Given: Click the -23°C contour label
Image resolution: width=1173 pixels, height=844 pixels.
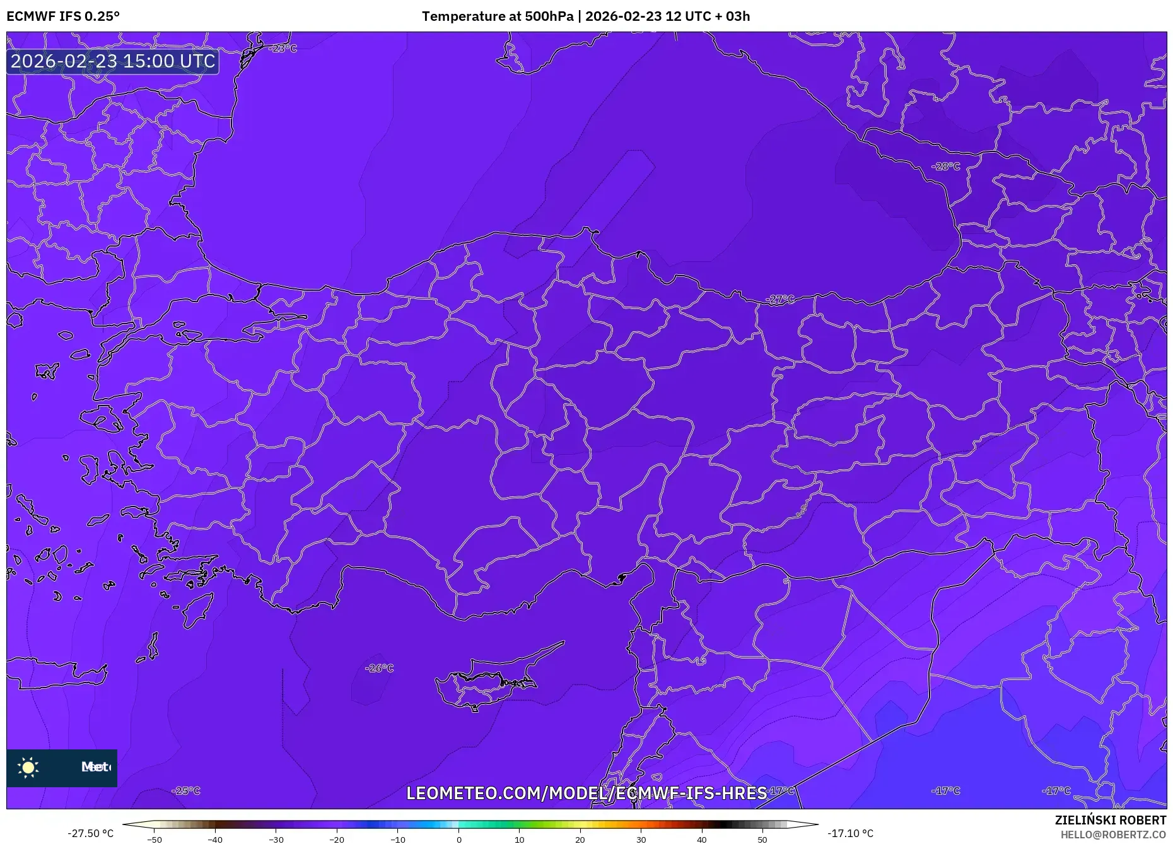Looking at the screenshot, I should (283, 49).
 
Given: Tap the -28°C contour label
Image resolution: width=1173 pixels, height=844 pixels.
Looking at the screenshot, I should (946, 167).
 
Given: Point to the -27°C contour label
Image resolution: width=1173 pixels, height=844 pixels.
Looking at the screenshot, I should (780, 300).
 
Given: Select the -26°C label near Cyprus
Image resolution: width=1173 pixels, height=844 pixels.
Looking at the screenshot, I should (380, 668).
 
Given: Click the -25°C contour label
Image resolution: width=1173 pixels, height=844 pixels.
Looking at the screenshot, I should (186, 790).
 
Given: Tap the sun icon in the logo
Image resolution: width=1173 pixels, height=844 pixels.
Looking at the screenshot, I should (28, 767).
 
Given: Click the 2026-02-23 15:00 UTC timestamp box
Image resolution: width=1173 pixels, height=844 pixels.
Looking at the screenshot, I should (113, 61).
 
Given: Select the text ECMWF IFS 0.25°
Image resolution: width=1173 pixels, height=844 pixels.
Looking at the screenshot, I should (63, 16).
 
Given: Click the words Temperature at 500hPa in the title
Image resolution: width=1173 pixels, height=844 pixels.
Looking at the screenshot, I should (496, 16).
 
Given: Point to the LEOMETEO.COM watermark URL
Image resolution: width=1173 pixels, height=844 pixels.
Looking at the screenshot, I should (586, 793).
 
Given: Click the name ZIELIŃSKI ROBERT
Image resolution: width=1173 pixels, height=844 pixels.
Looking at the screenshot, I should (1111, 820).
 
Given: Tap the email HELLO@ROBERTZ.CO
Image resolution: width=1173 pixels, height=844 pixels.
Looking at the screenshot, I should (1113, 835).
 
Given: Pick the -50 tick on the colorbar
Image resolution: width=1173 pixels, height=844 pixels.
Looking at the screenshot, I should (155, 840).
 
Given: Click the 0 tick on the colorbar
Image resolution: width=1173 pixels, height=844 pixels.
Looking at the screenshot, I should (459, 840).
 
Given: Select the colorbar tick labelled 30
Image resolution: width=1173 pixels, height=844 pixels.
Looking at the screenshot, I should (641, 840).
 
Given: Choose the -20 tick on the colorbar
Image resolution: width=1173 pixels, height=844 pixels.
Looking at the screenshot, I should (337, 840).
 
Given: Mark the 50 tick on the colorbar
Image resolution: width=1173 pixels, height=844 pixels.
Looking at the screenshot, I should (762, 840).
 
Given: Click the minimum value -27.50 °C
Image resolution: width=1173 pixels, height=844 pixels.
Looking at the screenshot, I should (91, 833).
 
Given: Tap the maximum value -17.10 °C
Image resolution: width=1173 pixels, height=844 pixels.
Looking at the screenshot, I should (850, 833).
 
